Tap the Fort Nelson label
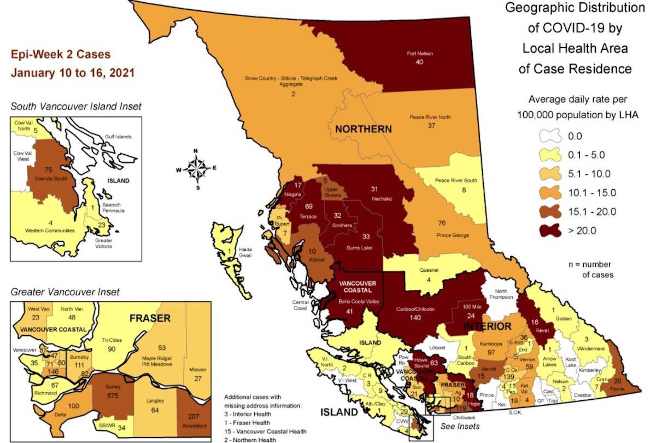point(419,54)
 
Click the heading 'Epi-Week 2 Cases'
point(61,55)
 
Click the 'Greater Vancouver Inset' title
point(65,293)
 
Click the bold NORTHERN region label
point(363,129)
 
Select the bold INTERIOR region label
point(488,327)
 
